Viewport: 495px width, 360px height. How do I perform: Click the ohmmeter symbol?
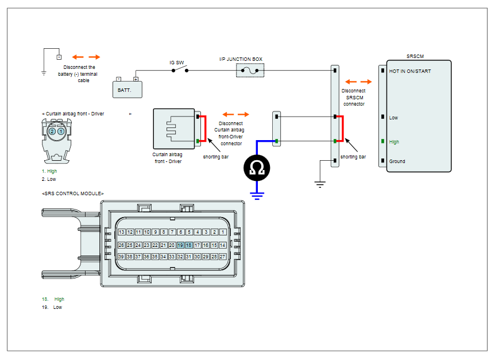point(257,168)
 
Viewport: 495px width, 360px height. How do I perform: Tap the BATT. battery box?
point(127,90)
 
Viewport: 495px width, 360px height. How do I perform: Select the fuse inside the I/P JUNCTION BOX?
point(250,71)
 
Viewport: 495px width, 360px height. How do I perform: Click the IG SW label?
point(176,63)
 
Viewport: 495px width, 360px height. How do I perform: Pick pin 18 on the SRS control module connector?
point(189,245)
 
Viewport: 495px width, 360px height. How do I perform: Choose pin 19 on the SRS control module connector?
point(180,245)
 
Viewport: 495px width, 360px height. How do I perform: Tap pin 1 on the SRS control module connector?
point(223,232)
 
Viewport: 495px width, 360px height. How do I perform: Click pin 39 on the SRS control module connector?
point(121,257)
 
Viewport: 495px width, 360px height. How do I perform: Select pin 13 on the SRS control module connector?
point(122,232)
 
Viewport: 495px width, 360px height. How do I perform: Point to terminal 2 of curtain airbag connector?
point(52,131)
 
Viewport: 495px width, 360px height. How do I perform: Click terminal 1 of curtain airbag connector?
point(61,131)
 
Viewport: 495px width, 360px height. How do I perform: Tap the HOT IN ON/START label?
point(410,71)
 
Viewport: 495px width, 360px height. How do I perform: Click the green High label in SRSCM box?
point(394,142)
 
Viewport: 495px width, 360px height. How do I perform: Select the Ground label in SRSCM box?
point(397,161)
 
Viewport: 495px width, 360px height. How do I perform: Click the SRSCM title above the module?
point(415,56)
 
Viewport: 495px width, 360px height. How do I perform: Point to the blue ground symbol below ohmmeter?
point(257,196)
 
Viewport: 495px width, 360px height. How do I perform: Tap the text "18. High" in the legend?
point(53,299)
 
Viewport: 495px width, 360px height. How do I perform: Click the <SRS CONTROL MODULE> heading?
point(72,193)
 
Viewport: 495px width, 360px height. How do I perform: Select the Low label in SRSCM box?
point(393,118)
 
